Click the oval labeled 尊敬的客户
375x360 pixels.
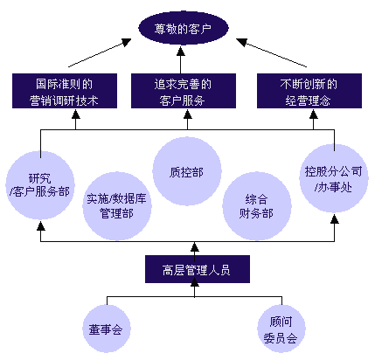click(184, 28)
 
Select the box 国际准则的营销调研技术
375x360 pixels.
click(65, 91)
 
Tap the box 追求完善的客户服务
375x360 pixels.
click(184, 91)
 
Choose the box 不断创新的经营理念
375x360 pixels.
click(309, 91)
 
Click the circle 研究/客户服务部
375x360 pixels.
click(40, 185)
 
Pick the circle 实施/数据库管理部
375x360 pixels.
click(117, 206)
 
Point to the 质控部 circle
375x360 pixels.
click(187, 171)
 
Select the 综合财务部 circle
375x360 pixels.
click(257, 206)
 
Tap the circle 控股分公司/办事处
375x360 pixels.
click(334, 178)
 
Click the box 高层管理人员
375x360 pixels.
click(198, 269)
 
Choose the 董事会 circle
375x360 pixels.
click(107, 329)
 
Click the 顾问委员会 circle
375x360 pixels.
click(281, 329)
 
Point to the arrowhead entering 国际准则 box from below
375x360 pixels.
click(76, 114)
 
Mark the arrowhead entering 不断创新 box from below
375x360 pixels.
click(314, 114)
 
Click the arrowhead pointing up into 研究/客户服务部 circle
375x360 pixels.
click(41, 225)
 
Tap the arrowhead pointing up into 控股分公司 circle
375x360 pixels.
click(335, 218)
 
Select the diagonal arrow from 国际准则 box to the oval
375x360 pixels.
click(100, 53)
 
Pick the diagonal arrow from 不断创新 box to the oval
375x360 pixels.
click(271, 53)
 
